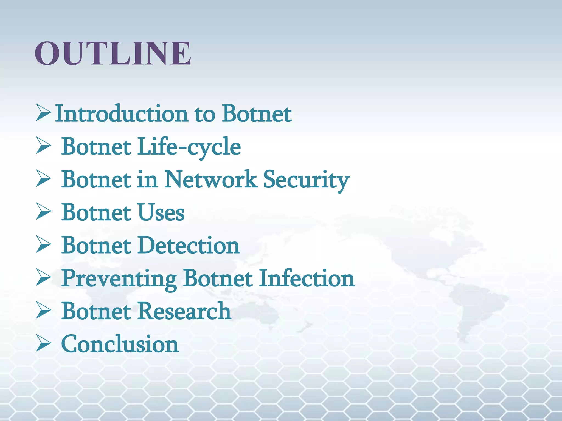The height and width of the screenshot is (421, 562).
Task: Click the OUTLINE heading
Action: [113, 53]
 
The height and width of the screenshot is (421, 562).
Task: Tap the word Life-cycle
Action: [189, 147]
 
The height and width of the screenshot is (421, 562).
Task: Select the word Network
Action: [211, 180]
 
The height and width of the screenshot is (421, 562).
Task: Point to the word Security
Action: [306, 180]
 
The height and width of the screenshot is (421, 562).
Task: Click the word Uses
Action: [161, 212]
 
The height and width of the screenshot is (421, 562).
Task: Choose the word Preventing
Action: [119, 279]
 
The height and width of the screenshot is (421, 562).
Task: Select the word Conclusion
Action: [120, 344]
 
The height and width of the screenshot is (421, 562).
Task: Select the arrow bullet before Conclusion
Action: [43, 343]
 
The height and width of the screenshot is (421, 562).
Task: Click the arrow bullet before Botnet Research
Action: [43, 310]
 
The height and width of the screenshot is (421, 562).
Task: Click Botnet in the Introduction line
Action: [257, 113]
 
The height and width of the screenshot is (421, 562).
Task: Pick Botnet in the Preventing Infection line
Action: [218, 278]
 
